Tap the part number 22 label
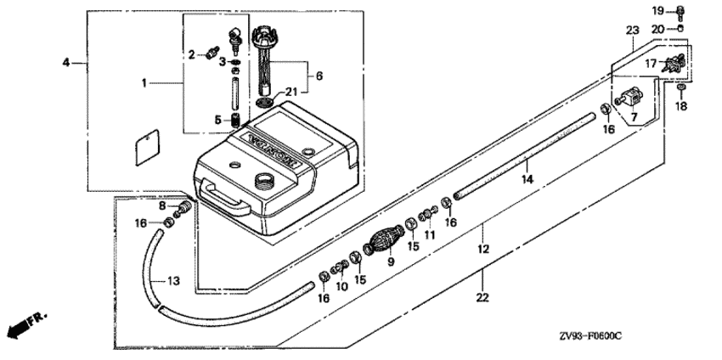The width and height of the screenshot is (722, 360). click(482, 298)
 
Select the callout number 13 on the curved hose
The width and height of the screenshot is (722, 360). click(173, 281)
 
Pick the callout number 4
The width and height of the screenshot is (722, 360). click(66, 63)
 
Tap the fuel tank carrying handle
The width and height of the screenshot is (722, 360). click(225, 198)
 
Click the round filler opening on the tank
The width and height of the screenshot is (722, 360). click(265, 179)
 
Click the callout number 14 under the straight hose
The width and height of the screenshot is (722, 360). click(527, 179)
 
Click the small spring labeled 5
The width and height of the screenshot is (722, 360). click(235, 121)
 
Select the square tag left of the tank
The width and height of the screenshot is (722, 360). click(147, 148)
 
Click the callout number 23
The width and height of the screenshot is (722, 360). click(633, 31)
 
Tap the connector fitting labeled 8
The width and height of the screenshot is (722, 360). click(183, 210)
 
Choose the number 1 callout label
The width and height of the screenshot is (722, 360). click(144, 83)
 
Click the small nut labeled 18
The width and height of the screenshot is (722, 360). click(681, 87)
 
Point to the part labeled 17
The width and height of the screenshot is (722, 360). click(674, 64)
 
